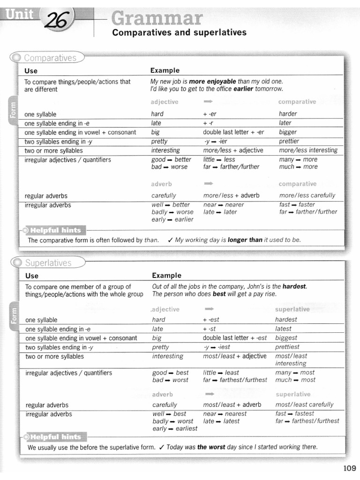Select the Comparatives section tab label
[50, 58]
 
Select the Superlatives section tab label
[48, 263]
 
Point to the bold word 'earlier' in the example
[243, 89]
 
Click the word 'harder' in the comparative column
[288, 114]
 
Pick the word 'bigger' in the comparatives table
[288, 132]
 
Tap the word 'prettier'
[289, 141]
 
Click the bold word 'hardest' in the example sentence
[294, 286]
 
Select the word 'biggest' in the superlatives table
[286, 338]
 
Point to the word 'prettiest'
[287, 347]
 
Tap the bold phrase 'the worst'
[211, 447]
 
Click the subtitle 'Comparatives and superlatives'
[179, 33]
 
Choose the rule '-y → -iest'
[217, 347]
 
